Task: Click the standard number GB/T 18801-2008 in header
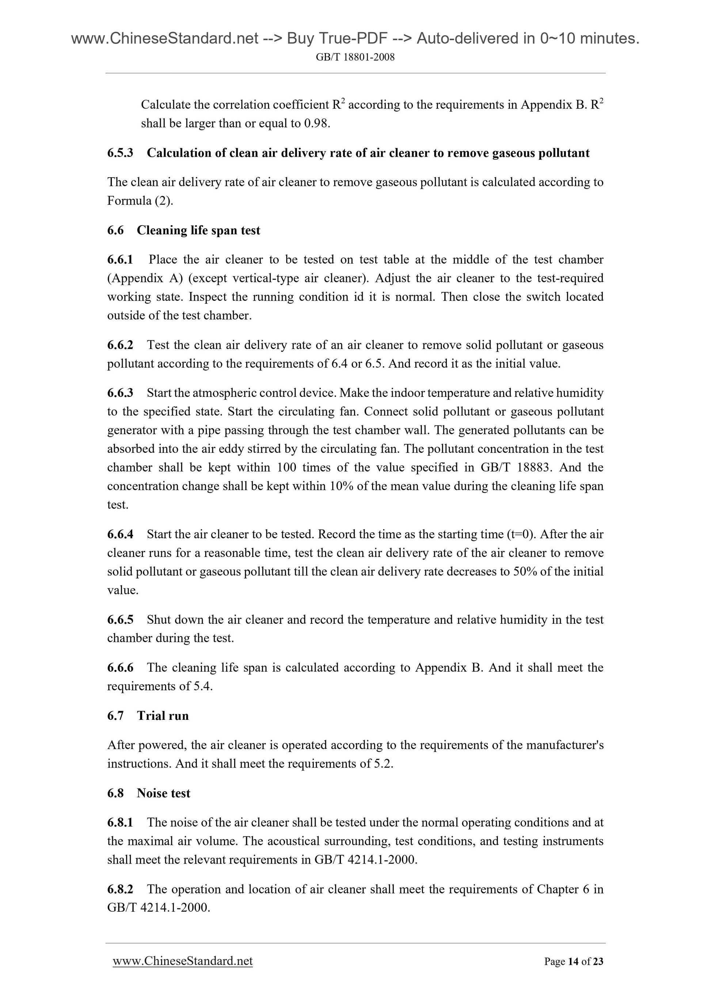click(x=355, y=57)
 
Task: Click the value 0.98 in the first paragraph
click(x=315, y=124)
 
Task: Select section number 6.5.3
click(x=120, y=153)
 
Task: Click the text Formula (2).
click(x=140, y=201)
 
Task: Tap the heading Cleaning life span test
click(x=198, y=231)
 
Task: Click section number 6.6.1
click(x=120, y=260)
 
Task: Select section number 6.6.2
click(x=120, y=345)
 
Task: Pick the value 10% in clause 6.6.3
click(x=340, y=486)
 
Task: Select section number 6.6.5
click(x=120, y=620)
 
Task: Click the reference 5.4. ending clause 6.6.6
click(x=203, y=687)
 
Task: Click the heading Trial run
click(x=163, y=716)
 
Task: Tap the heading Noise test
click(x=163, y=793)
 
